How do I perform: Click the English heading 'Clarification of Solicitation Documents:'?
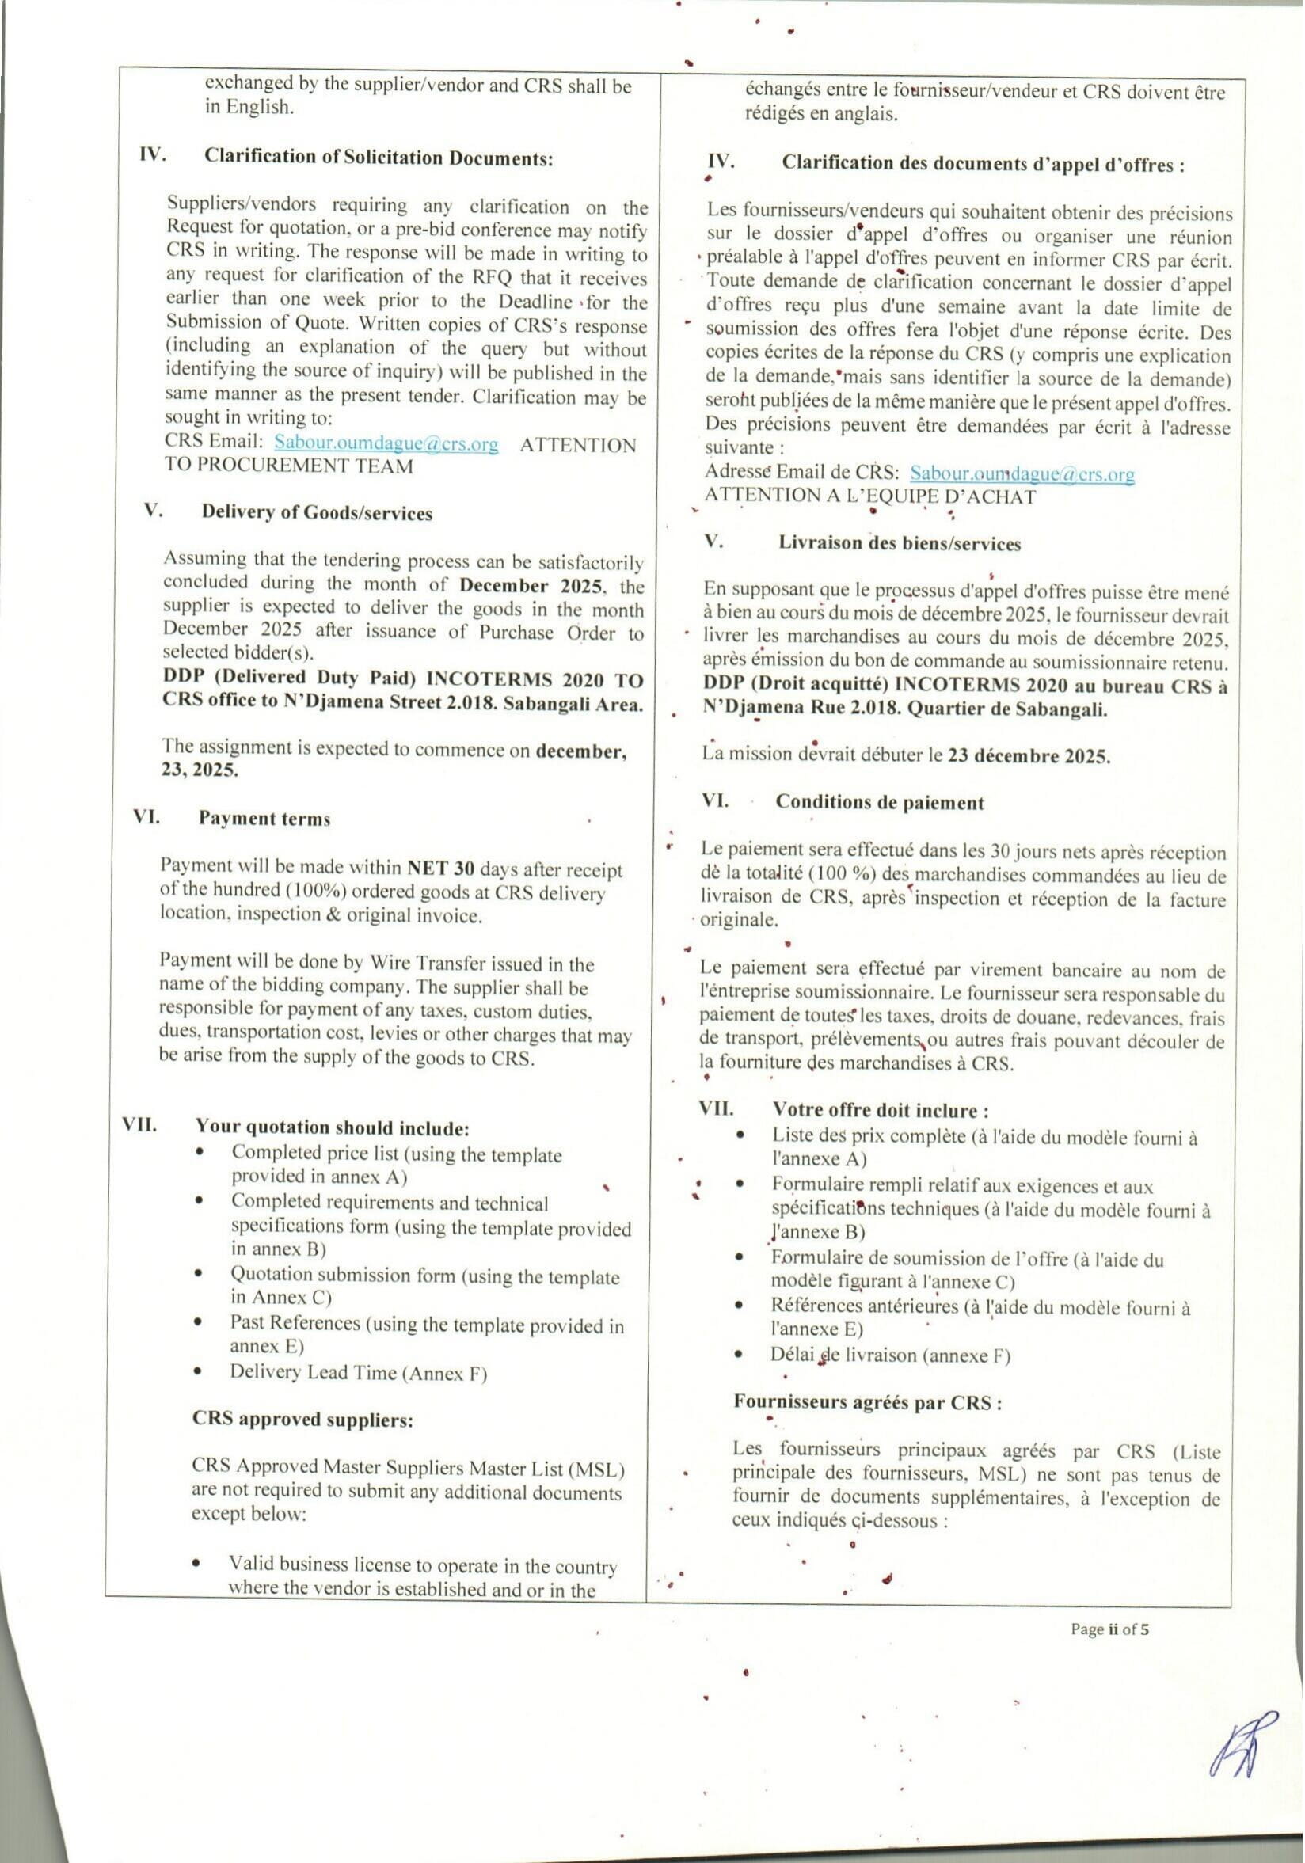pos(379,158)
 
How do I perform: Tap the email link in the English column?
pos(386,443)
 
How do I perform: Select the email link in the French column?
pos(1021,473)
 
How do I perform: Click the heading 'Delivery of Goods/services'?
pos(317,513)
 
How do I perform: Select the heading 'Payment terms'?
pos(264,819)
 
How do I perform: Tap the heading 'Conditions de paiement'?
pos(879,803)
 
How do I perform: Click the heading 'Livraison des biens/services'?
pos(900,544)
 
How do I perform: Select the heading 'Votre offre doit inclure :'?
pos(880,1110)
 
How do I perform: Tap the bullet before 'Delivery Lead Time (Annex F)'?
pos(198,1371)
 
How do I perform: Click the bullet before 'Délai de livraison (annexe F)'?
pos(739,1354)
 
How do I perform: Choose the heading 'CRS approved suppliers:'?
pos(302,1419)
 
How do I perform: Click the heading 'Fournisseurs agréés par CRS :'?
pos(867,1402)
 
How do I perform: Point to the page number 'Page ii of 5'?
pos(1109,1629)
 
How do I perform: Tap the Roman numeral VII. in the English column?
pos(139,1124)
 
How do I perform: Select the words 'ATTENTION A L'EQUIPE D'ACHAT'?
pos(869,496)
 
